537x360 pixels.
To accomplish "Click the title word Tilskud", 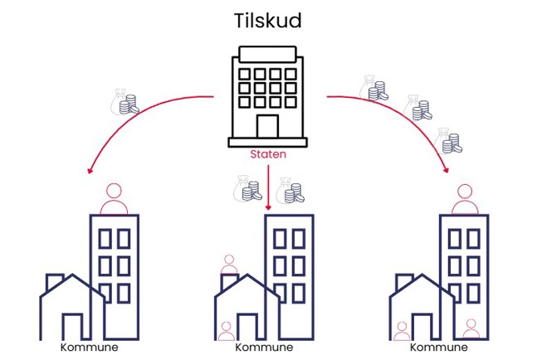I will click(x=267, y=20).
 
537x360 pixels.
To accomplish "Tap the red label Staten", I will click(x=267, y=154).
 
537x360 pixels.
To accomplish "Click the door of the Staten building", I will click(x=267, y=128).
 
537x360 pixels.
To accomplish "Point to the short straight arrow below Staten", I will click(x=268, y=187).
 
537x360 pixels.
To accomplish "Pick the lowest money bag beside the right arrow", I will click(x=448, y=141).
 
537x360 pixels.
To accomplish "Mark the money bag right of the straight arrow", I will click(x=290, y=190).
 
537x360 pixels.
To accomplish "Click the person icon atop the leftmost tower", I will click(x=114, y=198).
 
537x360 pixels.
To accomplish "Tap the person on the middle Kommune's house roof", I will click(x=228, y=265).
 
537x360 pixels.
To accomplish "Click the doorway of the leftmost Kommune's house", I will click(x=73, y=327).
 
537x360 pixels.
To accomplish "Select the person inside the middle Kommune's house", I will click(x=226, y=331).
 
